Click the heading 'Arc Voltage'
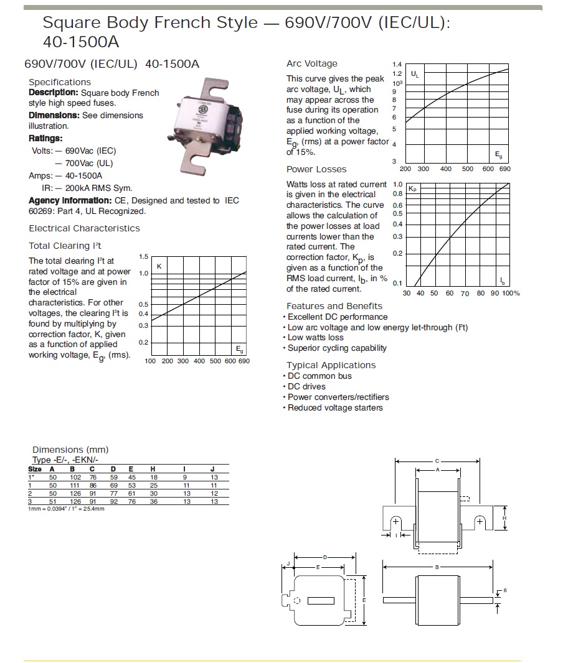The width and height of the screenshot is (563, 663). [x=311, y=63]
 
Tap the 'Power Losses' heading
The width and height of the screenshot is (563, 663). [x=316, y=169]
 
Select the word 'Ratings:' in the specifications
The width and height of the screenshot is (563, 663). [x=45, y=139]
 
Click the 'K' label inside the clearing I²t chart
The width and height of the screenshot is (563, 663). [x=158, y=267]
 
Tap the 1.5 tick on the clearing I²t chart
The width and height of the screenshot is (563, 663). [x=143, y=257]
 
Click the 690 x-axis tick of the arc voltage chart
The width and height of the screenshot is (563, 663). [x=504, y=169]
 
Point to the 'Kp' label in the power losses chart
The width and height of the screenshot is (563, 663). [x=412, y=188]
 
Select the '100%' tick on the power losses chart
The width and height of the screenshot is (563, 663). [x=511, y=294]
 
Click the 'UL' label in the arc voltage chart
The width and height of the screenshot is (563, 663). [x=415, y=75]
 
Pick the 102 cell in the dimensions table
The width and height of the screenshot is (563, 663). [x=75, y=477]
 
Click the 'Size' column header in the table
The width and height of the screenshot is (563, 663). [x=35, y=469]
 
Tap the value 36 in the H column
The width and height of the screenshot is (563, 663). [x=154, y=501]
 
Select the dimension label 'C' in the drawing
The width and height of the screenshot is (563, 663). [x=437, y=461]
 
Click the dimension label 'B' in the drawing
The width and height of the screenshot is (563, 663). [x=437, y=567]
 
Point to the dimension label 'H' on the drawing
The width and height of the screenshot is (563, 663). [x=504, y=517]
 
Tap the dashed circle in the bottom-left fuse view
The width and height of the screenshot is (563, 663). [x=297, y=600]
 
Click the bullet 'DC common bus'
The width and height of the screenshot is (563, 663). [x=319, y=376]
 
